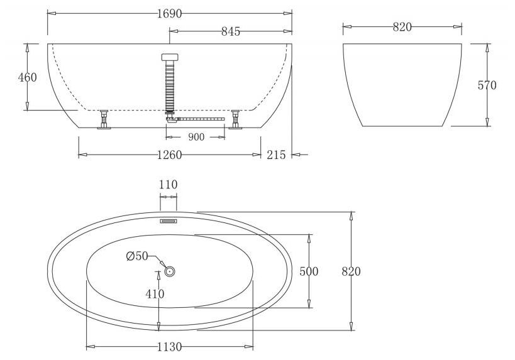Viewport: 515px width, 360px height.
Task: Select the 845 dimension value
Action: point(231,32)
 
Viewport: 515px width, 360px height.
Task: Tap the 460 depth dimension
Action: point(28,77)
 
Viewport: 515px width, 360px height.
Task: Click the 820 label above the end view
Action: point(402,26)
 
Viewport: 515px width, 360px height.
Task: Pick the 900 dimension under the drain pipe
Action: point(196,138)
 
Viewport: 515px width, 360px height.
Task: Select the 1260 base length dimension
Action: point(169,155)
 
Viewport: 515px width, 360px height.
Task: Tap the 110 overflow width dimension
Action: point(169,185)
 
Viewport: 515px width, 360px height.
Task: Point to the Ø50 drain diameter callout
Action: point(136,256)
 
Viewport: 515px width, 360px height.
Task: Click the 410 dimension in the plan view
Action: point(155,294)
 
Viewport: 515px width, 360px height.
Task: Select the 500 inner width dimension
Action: point(309,271)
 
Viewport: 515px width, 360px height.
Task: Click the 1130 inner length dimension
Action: point(169,346)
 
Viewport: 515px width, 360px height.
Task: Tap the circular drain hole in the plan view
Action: point(169,271)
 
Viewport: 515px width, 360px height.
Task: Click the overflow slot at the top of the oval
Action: point(169,221)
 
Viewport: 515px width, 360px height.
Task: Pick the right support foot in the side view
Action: point(236,119)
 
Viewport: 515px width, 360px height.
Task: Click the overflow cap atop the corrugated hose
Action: point(169,57)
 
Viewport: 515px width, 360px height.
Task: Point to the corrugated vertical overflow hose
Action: point(169,85)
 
